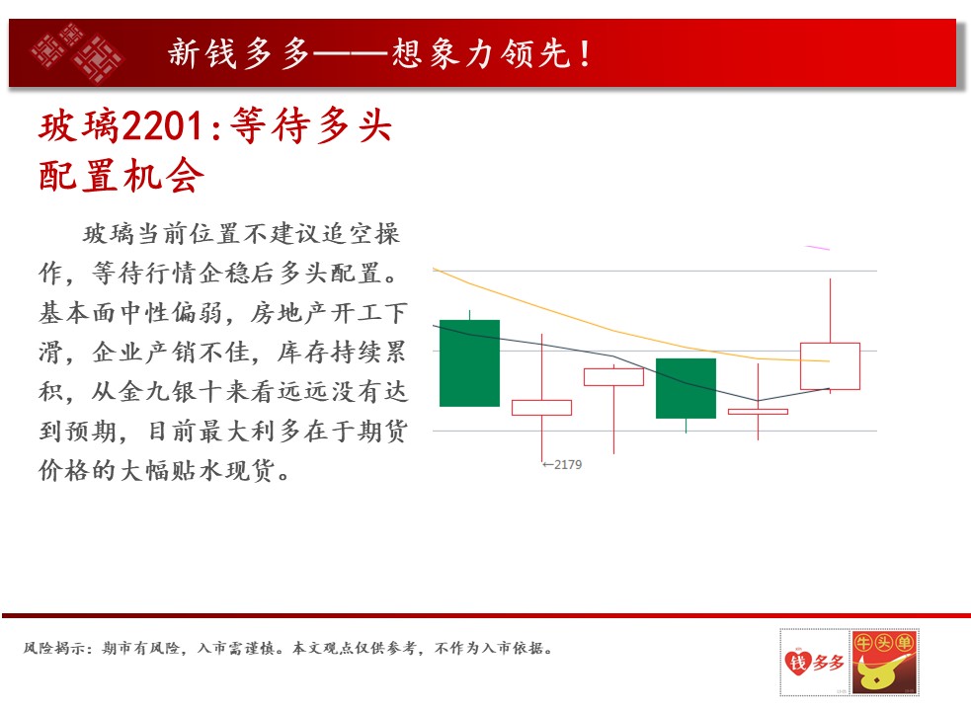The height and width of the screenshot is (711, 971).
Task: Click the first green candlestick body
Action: pos(469,363)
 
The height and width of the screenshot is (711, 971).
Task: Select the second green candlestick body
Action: pos(686,388)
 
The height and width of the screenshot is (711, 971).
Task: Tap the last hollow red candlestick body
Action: pos(830,366)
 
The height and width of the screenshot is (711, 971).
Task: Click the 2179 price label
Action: pos(562,464)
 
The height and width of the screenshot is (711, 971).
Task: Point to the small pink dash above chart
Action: pos(818,248)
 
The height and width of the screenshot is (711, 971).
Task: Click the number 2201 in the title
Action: pos(163,125)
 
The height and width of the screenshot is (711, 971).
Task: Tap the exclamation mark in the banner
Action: pos(585,52)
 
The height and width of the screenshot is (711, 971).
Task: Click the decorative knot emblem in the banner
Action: pos(77,52)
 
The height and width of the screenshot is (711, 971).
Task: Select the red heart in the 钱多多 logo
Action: pos(797,662)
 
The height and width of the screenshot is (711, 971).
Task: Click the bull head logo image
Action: pos(885,662)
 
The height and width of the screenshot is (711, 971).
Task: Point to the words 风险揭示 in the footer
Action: pos(54,648)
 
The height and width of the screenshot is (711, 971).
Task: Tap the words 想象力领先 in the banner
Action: pos(480,52)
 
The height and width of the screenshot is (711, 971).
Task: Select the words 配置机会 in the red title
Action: pos(121,175)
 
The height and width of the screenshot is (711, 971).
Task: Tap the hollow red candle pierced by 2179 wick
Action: pos(542,408)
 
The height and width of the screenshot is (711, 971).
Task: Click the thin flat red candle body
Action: pos(758,411)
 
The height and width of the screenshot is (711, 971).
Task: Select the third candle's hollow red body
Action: pos(613,376)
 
